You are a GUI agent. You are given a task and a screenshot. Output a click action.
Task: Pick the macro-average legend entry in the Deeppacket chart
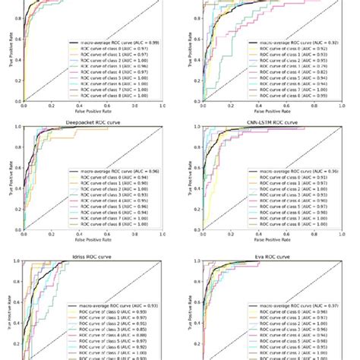pyautogui.click(x=115, y=172)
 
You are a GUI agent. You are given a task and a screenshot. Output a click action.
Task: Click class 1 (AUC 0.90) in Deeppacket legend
pyautogui.click(x=115, y=185)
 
